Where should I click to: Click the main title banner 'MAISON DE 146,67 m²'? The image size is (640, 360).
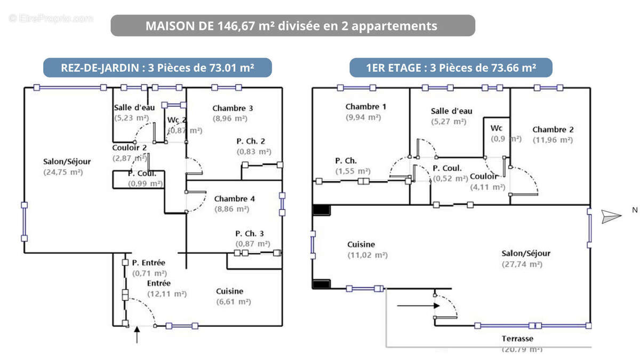click(x=292, y=26)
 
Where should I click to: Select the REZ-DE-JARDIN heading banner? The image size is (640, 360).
click(x=157, y=68)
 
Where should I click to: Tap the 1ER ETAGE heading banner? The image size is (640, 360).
click(x=451, y=68)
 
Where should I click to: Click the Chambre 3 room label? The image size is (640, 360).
click(x=233, y=108)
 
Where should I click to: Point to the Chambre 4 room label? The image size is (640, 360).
click(x=235, y=198)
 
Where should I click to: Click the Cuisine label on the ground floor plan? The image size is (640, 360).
click(x=230, y=291)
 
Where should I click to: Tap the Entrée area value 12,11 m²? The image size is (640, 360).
click(x=166, y=293)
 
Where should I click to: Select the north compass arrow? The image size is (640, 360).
click(x=611, y=215)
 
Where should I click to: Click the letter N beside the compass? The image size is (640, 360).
click(x=635, y=210)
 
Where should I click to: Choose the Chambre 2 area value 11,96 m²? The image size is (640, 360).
click(x=553, y=140)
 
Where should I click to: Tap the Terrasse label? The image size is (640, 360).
click(x=517, y=339)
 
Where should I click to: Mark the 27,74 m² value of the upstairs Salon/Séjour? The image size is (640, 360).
click(x=522, y=264)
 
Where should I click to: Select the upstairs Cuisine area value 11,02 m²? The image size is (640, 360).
click(x=367, y=255)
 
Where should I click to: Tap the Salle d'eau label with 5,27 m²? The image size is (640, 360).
click(x=451, y=111)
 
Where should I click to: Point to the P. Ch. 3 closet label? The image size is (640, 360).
click(x=250, y=234)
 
